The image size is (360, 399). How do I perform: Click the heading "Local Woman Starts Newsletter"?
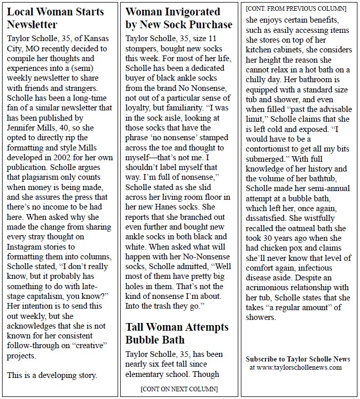point(55,18)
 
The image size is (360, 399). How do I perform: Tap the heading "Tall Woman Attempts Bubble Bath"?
point(177,333)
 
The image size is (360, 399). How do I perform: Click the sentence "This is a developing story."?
point(52,375)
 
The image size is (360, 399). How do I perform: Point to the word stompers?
point(142,49)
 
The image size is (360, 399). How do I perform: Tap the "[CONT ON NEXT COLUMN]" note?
point(178,389)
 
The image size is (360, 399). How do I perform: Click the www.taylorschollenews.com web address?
point(295,367)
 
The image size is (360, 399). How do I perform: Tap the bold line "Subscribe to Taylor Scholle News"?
point(298,359)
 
